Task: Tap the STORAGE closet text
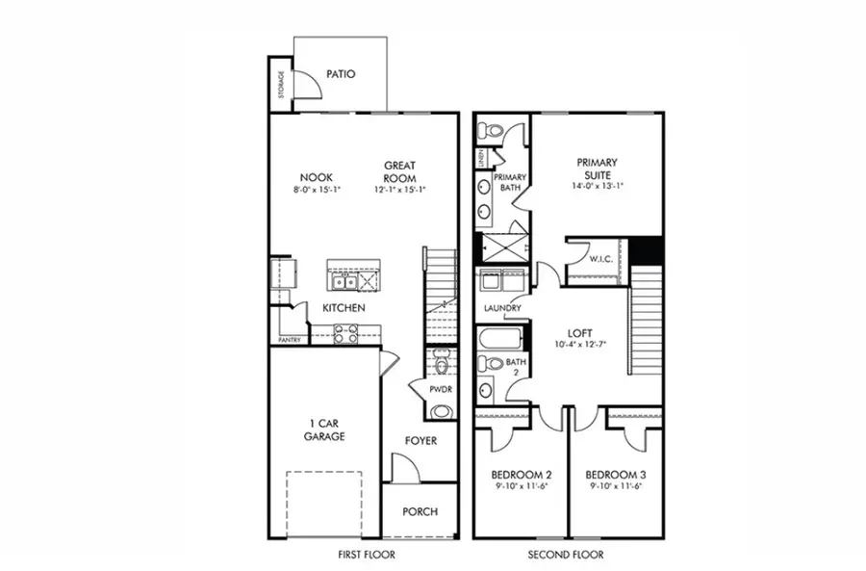click(x=281, y=85)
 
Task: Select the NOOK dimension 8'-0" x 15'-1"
click(x=317, y=191)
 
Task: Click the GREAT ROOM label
click(x=399, y=170)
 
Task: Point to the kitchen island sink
click(x=344, y=281)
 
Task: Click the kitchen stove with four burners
click(x=345, y=333)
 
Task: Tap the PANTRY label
click(x=289, y=340)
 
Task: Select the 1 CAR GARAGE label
click(x=325, y=428)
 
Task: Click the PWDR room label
click(x=442, y=389)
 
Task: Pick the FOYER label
click(x=420, y=440)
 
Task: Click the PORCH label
click(x=420, y=510)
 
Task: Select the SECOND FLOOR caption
click(x=568, y=555)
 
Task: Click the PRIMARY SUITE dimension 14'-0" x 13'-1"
click(x=597, y=186)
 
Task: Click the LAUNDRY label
click(x=502, y=308)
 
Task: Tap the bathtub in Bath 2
click(x=499, y=339)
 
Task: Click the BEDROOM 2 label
click(x=520, y=475)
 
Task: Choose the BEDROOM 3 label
click(x=614, y=475)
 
